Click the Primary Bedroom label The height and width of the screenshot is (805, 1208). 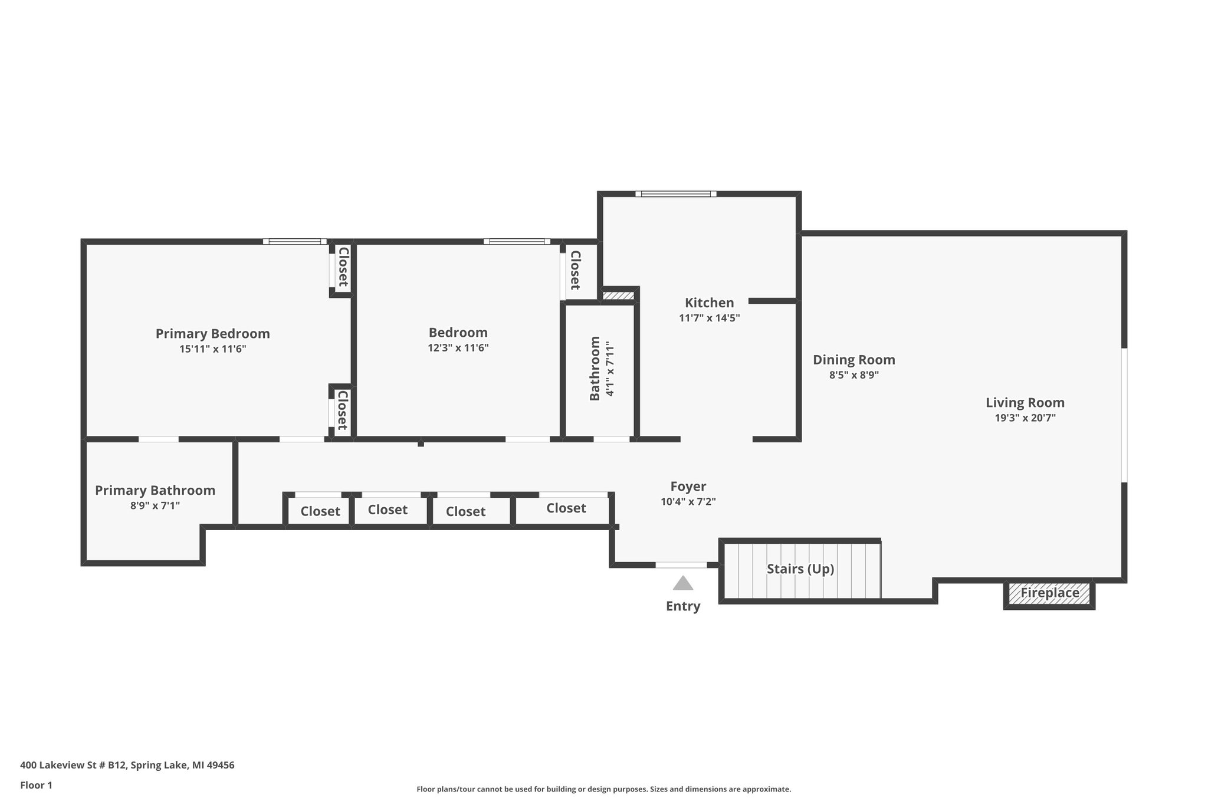[x=212, y=334]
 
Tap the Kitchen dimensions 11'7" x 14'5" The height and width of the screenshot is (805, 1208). [x=709, y=318]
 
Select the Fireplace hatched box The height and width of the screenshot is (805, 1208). [x=1049, y=593]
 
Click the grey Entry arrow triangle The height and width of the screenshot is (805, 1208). [x=683, y=584]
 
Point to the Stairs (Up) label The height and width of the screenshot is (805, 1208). [x=800, y=569]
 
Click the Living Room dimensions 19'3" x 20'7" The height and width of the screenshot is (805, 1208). [x=1025, y=418]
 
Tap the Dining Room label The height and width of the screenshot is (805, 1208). [x=854, y=360]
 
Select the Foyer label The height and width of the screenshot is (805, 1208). [x=688, y=487]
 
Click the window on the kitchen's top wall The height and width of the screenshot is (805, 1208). [x=676, y=193]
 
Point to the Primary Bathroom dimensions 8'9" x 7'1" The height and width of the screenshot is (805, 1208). [x=155, y=505]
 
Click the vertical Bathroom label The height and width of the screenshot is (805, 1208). [x=595, y=369]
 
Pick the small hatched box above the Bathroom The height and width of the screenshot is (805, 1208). [x=618, y=295]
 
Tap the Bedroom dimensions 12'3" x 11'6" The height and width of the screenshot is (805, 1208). [x=458, y=348]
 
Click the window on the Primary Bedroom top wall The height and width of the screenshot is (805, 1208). [x=294, y=241]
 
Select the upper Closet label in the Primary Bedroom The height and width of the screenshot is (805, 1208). [x=343, y=267]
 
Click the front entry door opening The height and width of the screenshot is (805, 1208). [x=681, y=565]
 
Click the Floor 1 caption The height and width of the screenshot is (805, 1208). [x=36, y=785]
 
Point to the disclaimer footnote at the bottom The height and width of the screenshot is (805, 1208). [x=603, y=789]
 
